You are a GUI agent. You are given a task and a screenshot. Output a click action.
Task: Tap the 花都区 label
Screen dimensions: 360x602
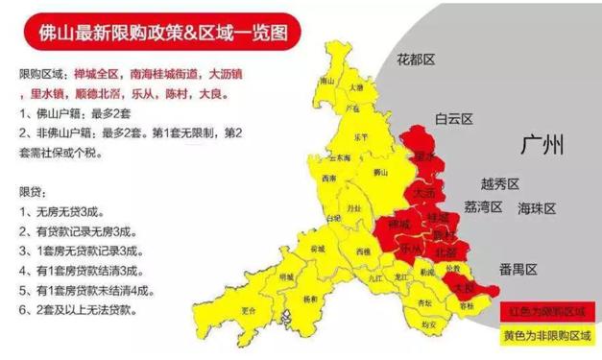[x=416, y=60]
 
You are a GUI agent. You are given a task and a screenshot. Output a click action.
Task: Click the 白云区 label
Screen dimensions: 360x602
[x=454, y=120]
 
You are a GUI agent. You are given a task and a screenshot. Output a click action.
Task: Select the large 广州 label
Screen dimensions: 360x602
[x=541, y=146]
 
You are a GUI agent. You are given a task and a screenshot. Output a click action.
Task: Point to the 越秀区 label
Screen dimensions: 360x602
[x=499, y=183]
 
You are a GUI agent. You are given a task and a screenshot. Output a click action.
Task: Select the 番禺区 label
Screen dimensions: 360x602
[x=518, y=268]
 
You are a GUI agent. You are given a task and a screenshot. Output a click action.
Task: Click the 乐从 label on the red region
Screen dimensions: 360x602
[x=410, y=248]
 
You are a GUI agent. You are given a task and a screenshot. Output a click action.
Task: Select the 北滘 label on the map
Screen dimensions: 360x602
[x=445, y=251]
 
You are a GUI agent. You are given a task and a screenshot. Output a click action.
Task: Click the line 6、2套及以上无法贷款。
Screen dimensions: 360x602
[x=81, y=311]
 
